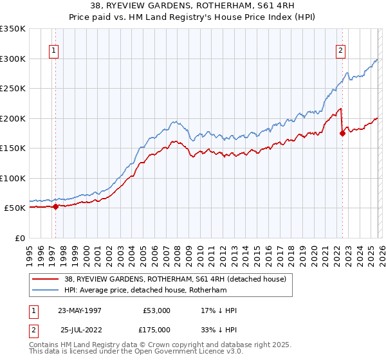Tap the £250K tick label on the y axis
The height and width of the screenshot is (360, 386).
click(x=13, y=89)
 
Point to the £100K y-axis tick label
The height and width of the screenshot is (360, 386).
click(x=13, y=178)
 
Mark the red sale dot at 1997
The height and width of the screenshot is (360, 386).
click(x=56, y=206)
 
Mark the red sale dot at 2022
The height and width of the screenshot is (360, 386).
click(x=342, y=133)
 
